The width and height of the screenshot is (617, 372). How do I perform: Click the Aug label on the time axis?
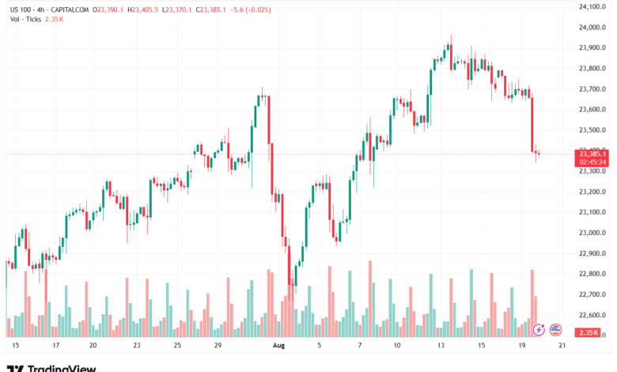pyautogui.click(x=278, y=346)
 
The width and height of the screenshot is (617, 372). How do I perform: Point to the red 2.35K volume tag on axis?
pyautogui.click(x=589, y=332)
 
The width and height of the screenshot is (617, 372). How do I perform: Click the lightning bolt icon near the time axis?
pyautogui.click(x=540, y=329)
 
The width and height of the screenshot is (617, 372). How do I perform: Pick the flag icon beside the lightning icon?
pyautogui.click(x=555, y=329)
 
